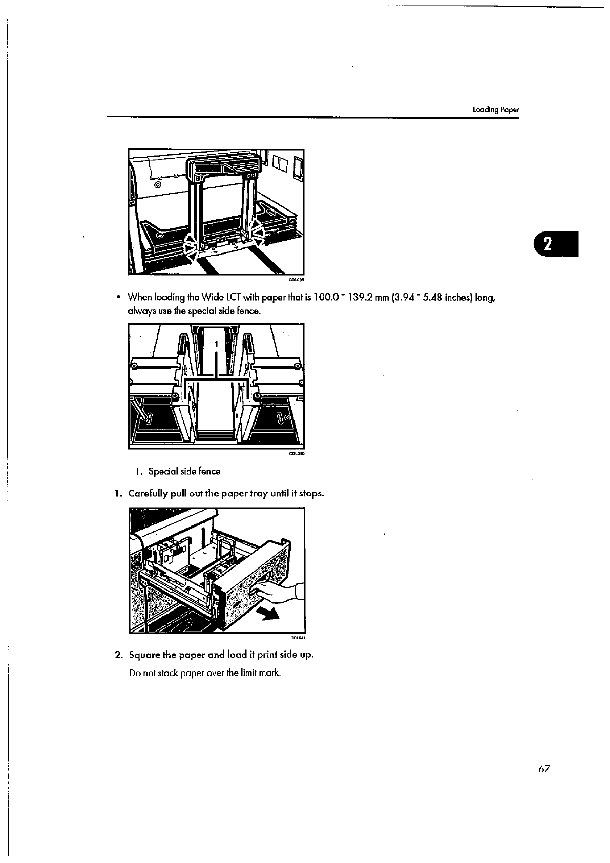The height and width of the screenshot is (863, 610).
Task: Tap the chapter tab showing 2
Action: [555, 244]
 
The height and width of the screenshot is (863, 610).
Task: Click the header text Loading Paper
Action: [496, 109]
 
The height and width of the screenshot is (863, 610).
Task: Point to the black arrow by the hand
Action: [269, 613]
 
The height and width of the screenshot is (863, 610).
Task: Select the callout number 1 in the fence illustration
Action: [216, 343]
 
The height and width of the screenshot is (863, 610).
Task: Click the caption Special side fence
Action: [177, 471]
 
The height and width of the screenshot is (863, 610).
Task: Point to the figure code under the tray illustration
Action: [298, 638]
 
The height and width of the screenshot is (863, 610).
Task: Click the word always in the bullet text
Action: [138, 311]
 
